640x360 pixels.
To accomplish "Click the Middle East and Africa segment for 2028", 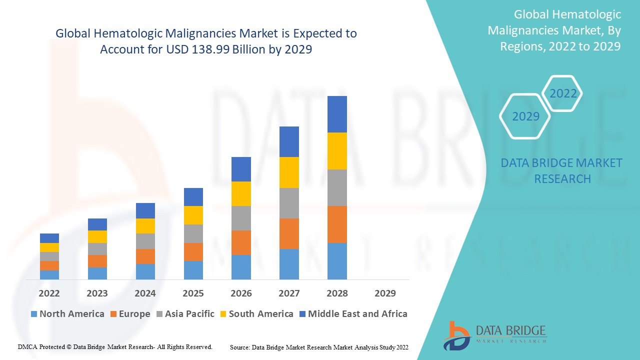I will pyautogui.click(x=337, y=114).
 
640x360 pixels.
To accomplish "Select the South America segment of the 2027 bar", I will pyautogui.click(x=289, y=172).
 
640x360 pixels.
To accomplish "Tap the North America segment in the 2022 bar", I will pyautogui.click(x=49, y=274).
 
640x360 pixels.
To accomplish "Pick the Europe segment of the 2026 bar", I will pyautogui.click(x=241, y=242).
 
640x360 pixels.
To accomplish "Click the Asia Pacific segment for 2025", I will pyautogui.click(x=193, y=233).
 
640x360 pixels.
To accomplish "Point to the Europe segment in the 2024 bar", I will pyautogui.click(x=145, y=256).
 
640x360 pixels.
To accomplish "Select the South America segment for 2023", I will pyautogui.click(x=97, y=236).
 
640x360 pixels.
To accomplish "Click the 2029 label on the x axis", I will pyautogui.click(x=385, y=293).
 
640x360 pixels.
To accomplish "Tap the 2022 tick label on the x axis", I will pyautogui.click(x=49, y=293).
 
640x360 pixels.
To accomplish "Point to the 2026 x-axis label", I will pyautogui.click(x=241, y=293).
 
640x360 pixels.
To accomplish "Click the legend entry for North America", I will pyautogui.click(x=67, y=314).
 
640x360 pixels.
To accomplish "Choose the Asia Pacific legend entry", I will pyautogui.click(x=185, y=314).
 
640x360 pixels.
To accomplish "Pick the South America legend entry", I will pyautogui.click(x=255, y=314).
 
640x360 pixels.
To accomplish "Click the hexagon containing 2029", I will pyautogui.click(x=525, y=116).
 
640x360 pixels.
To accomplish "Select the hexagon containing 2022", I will pyautogui.click(x=563, y=93).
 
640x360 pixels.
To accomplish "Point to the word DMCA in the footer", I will pyautogui.click(x=27, y=346).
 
